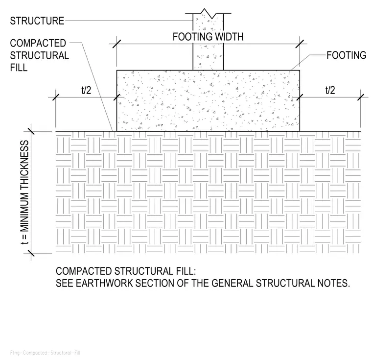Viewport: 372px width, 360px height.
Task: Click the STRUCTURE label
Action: tap(37, 21)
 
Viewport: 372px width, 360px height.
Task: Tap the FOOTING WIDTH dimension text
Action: tap(208, 37)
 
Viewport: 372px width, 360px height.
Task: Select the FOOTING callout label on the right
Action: tap(347, 55)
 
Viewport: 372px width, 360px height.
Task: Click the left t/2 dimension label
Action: tap(86, 90)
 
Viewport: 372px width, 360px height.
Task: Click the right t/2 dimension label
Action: tap(330, 90)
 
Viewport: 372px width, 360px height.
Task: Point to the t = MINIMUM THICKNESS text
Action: tap(24, 192)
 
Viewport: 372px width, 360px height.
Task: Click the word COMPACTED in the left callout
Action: tap(38, 43)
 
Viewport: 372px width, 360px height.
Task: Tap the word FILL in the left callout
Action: tap(19, 68)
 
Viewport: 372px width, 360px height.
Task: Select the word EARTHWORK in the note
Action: tap(104, 283)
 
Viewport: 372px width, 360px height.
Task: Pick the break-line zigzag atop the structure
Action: tap(208, 14)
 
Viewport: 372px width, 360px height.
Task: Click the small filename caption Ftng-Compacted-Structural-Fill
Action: tap(45, 353)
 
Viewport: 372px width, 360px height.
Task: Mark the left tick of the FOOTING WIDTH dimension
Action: tap(116, 44)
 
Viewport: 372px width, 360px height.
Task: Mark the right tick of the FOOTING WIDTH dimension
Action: tap(300, 44)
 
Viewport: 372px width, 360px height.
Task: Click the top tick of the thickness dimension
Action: tap(31, 131)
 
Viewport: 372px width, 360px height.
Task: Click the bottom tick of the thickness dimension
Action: tap(31, 253)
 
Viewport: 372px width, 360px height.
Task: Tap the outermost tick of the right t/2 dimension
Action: tap(361, 97)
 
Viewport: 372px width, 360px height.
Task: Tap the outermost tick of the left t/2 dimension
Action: tap(56, 97)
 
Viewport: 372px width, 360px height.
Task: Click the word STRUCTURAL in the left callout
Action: tap(39, 55)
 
